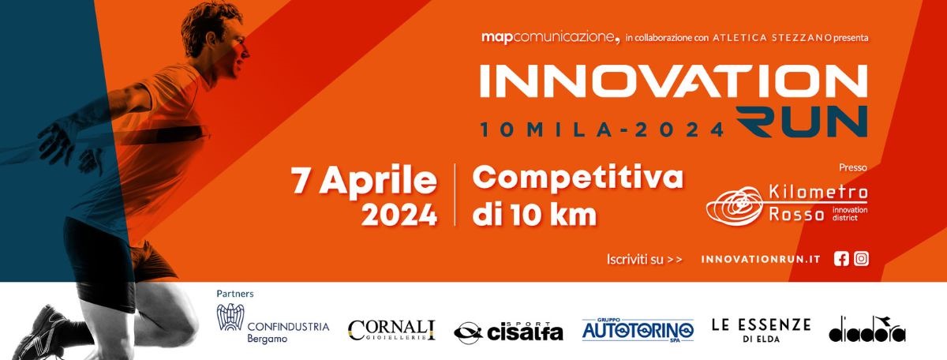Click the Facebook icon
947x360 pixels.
(841, 259)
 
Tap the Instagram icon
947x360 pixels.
(861, 259)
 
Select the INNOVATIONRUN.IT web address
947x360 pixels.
(761, 259)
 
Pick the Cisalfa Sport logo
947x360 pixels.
(508, 332)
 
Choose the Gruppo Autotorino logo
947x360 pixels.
(638, 330)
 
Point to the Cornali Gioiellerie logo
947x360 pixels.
(391, 330)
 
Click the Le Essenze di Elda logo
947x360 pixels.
(761, 330)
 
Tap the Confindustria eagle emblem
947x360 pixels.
(230, 317)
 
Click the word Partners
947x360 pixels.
(235, 294)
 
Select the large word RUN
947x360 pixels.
(802, 122)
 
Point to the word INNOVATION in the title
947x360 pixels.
(673, 81)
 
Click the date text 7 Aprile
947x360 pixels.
(364, 181)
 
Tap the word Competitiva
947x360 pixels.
(578, 178)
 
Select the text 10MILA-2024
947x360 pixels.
(602, 129)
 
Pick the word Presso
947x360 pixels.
(853, 167)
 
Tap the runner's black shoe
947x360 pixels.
(40, 334)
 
